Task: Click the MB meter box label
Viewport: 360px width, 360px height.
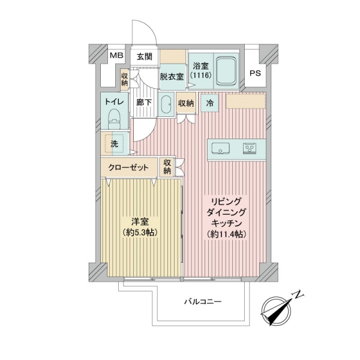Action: pyautogui.click(x=116, y=55)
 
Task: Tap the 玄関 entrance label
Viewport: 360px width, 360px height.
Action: pyautogui.click(x=145, y=56)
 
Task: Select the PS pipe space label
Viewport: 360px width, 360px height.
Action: pyautogui.click(x=256, y=73)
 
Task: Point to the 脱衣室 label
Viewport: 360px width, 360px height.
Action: pyautogui.click(x=172, y=77)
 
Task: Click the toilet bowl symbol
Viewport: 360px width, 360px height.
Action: pyautogui.click(x=115, y=118)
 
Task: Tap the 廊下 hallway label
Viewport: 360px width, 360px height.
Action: pyautogui.click(x=144, y=103)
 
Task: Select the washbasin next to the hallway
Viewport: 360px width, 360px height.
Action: pyautogui.click(x=166, y=104)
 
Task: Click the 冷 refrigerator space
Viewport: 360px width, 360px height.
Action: pyautogui.click(x=209, y=103)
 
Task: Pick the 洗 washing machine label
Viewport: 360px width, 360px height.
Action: pyautogui.click(x=115, y=144)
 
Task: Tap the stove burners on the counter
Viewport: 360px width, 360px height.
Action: pyautogui.click(x=250, y=148)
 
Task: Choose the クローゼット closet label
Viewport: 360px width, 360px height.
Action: pyautogui.click(x=128, y=167)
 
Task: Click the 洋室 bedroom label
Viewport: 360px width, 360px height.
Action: pyautogui.click(x=140, y=222)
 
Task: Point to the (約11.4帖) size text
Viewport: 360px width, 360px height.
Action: pyautogui.click(x=226, y=234)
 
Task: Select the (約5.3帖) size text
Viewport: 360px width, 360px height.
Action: pyautogui.click(x=140, y=233)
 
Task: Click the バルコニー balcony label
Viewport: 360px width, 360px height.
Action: pyautogui.click(x=203, y=301)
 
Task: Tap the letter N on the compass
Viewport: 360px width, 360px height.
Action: pyautogui.click(x=298, y=295)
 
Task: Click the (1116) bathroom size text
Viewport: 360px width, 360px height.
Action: pyautogui.click(x=200, y=75)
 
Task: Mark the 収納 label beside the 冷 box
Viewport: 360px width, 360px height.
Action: pyautogui.click(x=186, y=104)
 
